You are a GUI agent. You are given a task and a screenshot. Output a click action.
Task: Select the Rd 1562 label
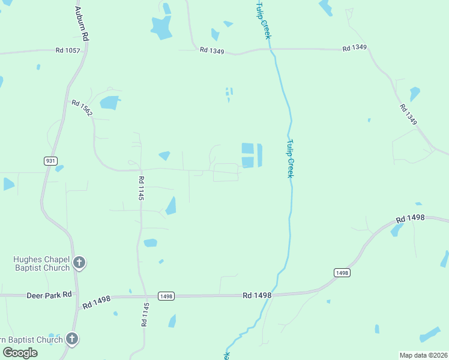point(82,108)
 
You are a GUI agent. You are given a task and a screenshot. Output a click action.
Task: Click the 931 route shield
point(51,161)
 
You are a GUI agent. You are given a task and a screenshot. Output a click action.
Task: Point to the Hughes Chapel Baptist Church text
point(41,263)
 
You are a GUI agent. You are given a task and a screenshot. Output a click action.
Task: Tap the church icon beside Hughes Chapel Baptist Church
point(79,262)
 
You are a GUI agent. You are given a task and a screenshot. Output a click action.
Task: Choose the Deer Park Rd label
point(49,295)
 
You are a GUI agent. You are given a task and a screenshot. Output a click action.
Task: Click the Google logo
point(20,353)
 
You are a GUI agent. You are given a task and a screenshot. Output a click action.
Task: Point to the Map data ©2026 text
point(424,355)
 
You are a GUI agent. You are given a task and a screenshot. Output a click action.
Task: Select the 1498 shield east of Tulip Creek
point(342,272)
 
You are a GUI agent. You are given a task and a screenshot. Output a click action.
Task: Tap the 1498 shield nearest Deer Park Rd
point(166,296)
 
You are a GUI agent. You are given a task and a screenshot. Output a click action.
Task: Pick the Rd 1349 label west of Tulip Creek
point(212,52)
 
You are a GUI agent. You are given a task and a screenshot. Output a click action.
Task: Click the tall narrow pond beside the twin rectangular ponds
point(259,155)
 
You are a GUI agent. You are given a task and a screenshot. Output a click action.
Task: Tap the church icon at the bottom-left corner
point(71,339)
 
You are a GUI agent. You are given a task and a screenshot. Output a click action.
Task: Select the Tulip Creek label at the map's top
point(264,20)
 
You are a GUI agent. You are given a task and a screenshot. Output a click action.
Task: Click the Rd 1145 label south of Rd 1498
point(145,314)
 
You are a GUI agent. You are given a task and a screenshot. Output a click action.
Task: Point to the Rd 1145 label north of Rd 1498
point(141,188)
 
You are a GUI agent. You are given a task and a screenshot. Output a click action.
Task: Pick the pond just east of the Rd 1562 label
point(110,103)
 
